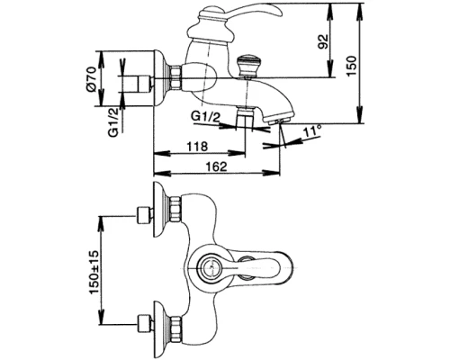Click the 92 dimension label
[322, 41]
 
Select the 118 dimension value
[197, 147]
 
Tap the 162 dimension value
[217, 166]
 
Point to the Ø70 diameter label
[91, 78]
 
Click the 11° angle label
[312, 131]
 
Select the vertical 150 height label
[351, 66]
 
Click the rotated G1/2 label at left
[114, 123]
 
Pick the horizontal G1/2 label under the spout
[205, 116]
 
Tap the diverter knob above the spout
[245, 66]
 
